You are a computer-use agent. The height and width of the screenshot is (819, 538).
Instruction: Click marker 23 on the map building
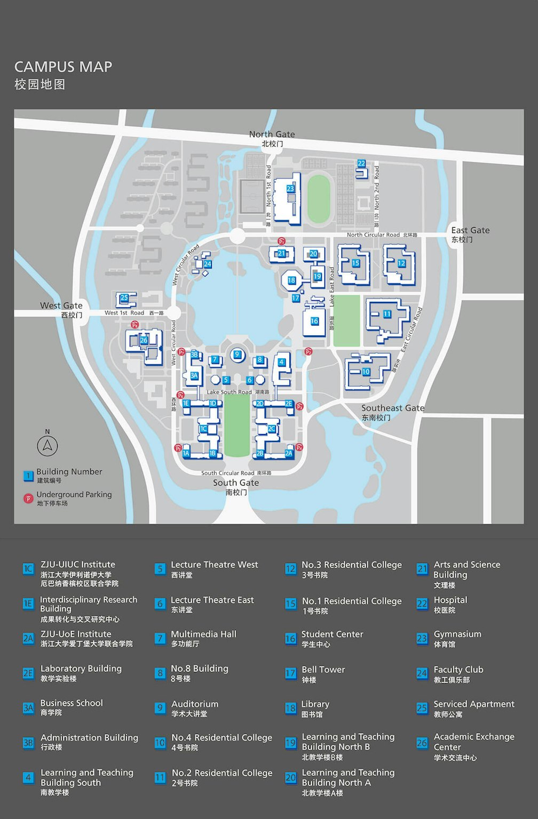point(290,189)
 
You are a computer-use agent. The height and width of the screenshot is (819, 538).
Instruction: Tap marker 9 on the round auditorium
point(237,354)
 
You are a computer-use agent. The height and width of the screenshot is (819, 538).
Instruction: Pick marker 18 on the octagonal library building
point(291,280)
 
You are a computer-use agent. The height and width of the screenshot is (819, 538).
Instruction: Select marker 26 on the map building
point(144,340)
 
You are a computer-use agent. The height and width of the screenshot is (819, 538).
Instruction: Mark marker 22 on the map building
point(361,164)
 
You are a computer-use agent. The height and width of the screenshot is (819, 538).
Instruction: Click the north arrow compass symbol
point(48,445)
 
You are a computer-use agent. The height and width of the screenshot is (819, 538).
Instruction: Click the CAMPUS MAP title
point(63,67)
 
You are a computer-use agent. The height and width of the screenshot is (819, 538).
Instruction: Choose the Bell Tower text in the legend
point(323,670)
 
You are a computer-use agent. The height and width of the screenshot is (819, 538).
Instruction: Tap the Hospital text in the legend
point(450,600)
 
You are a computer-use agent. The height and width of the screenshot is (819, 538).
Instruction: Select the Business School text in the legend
point(72,703)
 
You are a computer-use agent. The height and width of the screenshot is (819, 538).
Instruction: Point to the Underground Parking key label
point(74,494)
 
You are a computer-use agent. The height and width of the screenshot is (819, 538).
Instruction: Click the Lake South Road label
point(229,392)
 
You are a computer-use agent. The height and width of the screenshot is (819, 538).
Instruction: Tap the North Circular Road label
point(373,235)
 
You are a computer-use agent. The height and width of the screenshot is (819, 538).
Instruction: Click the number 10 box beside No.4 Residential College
point(160,743)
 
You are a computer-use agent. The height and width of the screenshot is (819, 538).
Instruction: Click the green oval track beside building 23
point(319,199)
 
